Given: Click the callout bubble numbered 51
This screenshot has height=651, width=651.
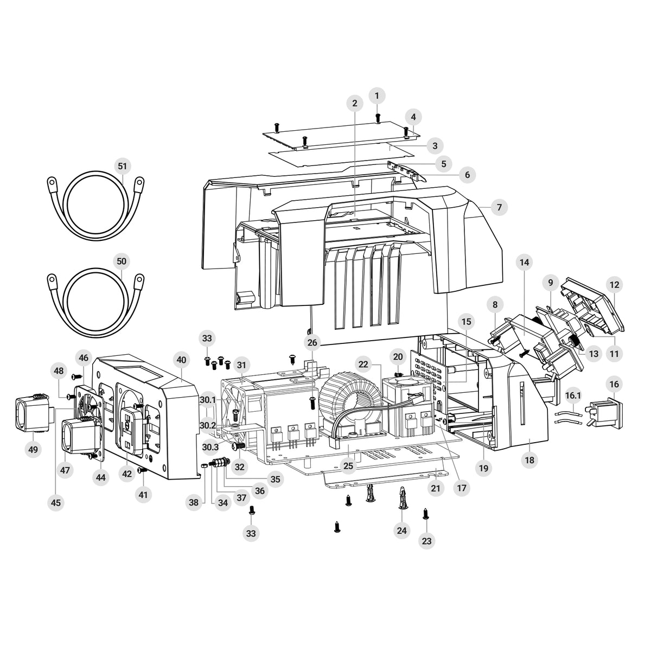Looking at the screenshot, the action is (122, 166).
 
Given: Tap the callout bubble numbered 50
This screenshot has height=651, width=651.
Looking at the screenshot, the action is (122, 261).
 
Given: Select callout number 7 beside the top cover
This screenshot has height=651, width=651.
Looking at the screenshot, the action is (499, 207).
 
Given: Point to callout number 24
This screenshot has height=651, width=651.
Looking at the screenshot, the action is (401, 531).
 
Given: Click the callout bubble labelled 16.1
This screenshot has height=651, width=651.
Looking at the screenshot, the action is (573, 395).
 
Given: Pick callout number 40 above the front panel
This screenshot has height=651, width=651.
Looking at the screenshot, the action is (181, 360).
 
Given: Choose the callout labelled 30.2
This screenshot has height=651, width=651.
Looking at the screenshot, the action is (207, 426).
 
